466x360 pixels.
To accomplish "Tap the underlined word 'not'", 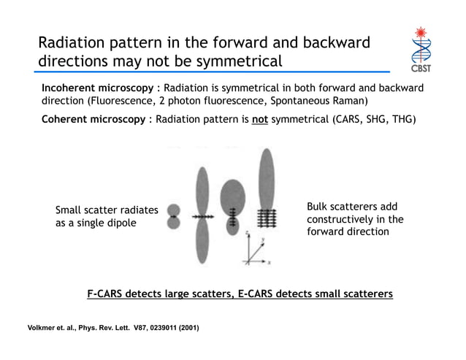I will click(259, 120).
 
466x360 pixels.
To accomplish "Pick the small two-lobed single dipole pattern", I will click(173, 217).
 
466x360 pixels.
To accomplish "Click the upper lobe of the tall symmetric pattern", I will click(202, 191).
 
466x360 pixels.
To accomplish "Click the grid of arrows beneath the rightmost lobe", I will click(268, 217).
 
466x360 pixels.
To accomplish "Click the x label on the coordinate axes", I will click(270, 261).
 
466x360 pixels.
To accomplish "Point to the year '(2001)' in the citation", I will click(183, 327).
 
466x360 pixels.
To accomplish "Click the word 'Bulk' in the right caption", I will click(318, 207).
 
